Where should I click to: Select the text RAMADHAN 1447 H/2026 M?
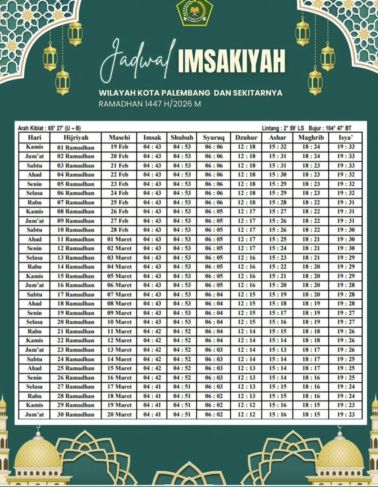[x=150, y=104]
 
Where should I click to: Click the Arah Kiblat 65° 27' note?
[x=49, y=128]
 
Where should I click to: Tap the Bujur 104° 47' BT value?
[x=330, y=128]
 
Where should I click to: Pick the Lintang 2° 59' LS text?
[x=283, y=128]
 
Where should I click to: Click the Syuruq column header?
[x=213, y=138]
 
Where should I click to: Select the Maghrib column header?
[x=311, y=138]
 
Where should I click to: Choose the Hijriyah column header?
[x=76, y=138]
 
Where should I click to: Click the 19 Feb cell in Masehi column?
[x=119, y=147]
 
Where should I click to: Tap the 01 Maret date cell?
[x=119, y=239]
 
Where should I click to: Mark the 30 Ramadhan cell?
[x=76, y=415]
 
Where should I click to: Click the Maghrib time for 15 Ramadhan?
[x=311, y=276]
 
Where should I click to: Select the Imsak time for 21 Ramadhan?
[x=152, y=331]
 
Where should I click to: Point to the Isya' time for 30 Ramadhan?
[x=346, y=415]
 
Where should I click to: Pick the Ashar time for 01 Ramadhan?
[x=278, y=147]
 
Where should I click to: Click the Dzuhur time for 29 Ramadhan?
[x=246, y=405]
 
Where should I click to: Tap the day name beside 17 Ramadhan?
[x=34, y=294]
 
